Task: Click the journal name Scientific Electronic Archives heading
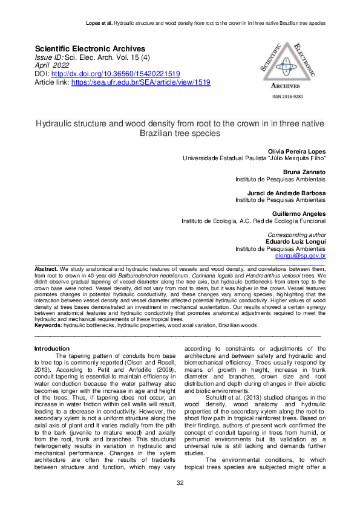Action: click(x=90, y=48)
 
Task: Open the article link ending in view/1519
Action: click(x=140, y=82)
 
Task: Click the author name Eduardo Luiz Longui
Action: click(x=296, y=241)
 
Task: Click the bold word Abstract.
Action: click(x=46, y=268)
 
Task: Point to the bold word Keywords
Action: click(x=48, y=325)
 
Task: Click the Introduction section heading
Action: click(x=52, y=348)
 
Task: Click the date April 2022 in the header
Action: click(x=51, y=65)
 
